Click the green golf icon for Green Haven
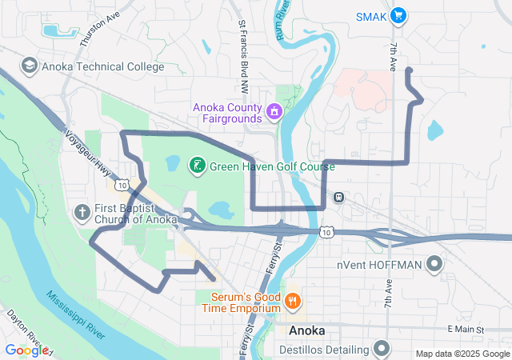click(x=194, y=166)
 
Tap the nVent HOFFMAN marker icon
click(x=434, y=264)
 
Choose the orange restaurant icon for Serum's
click(x=293, y=302)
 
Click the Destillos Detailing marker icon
click(x=382, y=349)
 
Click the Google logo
click(x=26, y=350)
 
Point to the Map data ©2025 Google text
click(x=462, y=354)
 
